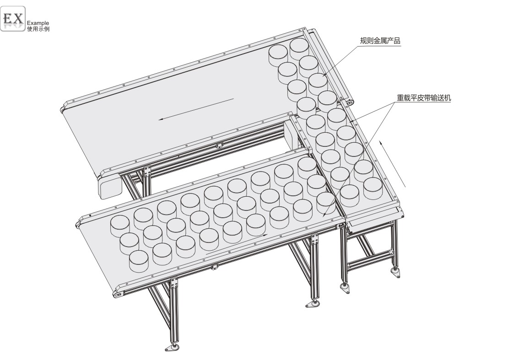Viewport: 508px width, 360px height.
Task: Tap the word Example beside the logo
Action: click(38, 23)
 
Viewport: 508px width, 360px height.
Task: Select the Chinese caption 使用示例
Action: click(38, 29)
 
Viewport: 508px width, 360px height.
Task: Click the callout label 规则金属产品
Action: click(380, 41)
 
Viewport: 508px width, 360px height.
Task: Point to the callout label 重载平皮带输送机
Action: click(424, 98)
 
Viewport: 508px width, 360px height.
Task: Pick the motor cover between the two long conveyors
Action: click(291, 134)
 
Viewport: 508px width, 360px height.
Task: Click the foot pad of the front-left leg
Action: click(173, 348)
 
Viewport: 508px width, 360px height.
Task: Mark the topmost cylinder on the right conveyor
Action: click(299, 47)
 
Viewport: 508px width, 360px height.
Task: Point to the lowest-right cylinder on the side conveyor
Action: click(373, 188)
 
